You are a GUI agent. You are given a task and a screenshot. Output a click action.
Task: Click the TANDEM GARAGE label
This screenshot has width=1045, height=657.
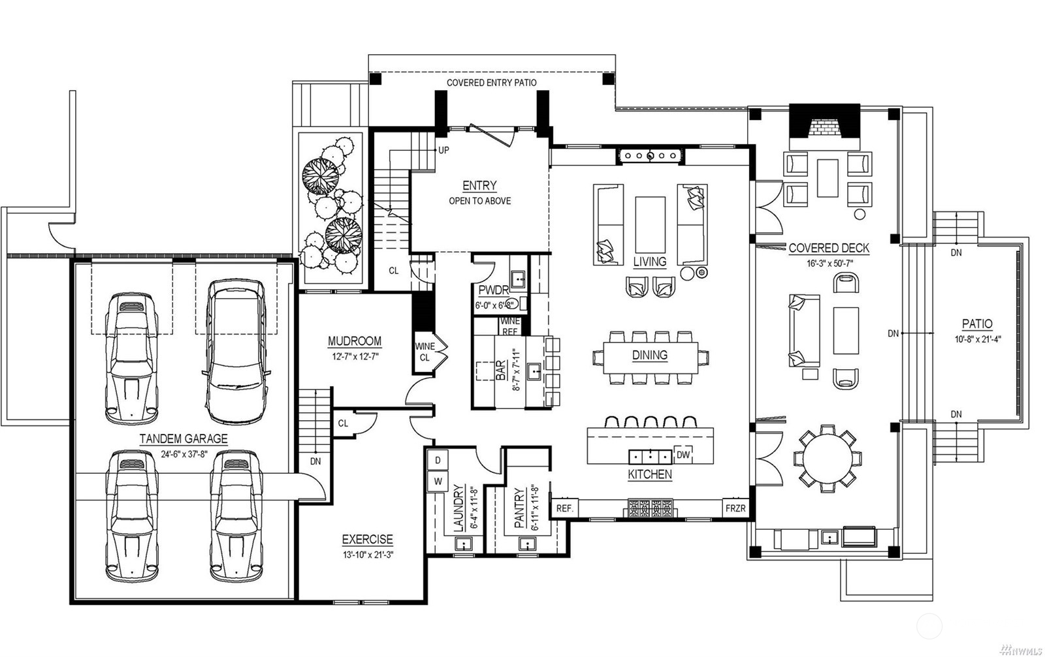184,439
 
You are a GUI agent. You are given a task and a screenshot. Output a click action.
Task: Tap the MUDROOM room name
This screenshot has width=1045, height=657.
355,341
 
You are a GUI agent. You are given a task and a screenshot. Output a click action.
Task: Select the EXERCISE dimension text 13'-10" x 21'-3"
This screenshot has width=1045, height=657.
368,555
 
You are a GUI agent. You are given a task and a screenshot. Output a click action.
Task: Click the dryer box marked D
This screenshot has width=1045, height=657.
438,461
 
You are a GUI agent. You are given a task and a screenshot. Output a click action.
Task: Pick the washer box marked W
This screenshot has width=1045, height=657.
438,481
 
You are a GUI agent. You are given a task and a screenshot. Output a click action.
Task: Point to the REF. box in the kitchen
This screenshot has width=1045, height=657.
564,508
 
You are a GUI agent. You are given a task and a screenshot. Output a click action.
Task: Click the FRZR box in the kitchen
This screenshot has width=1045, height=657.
735,508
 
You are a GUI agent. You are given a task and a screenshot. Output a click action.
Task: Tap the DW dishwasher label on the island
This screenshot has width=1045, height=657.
683,455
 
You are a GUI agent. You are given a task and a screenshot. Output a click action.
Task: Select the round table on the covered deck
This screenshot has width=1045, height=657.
828,459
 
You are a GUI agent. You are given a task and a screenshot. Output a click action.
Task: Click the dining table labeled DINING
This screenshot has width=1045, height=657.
651,358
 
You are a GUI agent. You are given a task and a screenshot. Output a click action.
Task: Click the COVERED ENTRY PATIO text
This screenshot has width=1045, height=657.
492,83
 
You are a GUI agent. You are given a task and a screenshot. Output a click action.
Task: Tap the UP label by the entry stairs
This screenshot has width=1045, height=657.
443,150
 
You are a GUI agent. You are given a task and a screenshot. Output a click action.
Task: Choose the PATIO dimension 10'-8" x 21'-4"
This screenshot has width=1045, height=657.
978,339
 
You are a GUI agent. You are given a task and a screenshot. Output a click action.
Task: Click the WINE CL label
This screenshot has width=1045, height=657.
425,352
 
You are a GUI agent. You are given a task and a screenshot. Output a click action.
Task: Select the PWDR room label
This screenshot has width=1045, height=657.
494,290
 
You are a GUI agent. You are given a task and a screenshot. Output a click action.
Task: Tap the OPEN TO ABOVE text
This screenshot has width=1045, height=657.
479,201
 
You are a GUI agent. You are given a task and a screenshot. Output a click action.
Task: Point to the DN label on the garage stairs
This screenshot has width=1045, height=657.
315,461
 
